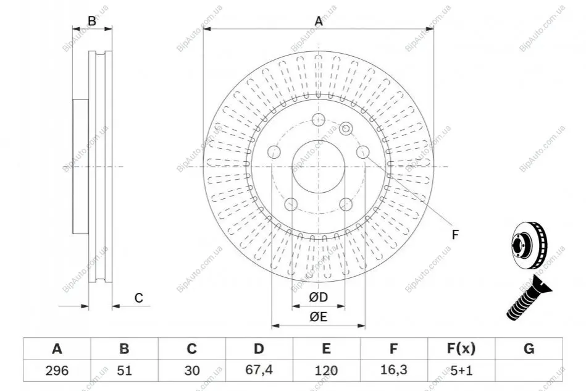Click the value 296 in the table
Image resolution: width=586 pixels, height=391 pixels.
pos(57,371)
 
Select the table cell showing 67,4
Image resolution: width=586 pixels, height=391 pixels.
pos(259,370)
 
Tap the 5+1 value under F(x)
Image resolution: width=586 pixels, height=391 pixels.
pos(461,371)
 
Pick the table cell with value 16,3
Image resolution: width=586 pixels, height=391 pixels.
pos(393,370)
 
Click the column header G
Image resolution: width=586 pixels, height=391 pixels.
pos(529,348)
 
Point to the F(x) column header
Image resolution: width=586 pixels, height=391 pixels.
pos(461,348)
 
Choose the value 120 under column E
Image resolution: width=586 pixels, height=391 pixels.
pos(326,371)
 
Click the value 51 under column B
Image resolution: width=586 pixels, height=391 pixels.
pos(124,371)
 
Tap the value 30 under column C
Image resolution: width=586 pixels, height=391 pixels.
pos(191,371)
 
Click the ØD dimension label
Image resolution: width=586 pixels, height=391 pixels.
pos(319,297)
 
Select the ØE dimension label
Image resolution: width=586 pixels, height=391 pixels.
pos(319,317)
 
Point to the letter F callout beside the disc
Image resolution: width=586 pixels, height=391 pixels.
pos(455,235)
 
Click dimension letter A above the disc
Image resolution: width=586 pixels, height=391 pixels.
pos(319,21)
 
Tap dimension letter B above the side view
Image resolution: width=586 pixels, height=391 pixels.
pos(92,21)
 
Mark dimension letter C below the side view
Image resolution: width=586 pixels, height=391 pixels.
pos(139,298)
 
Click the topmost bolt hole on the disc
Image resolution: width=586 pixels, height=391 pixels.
pos(319,120)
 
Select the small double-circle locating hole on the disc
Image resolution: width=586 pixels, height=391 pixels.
pos(346,129)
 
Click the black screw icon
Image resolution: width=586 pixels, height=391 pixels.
pos(529,298)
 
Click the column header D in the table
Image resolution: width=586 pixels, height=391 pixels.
pos(259,348)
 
